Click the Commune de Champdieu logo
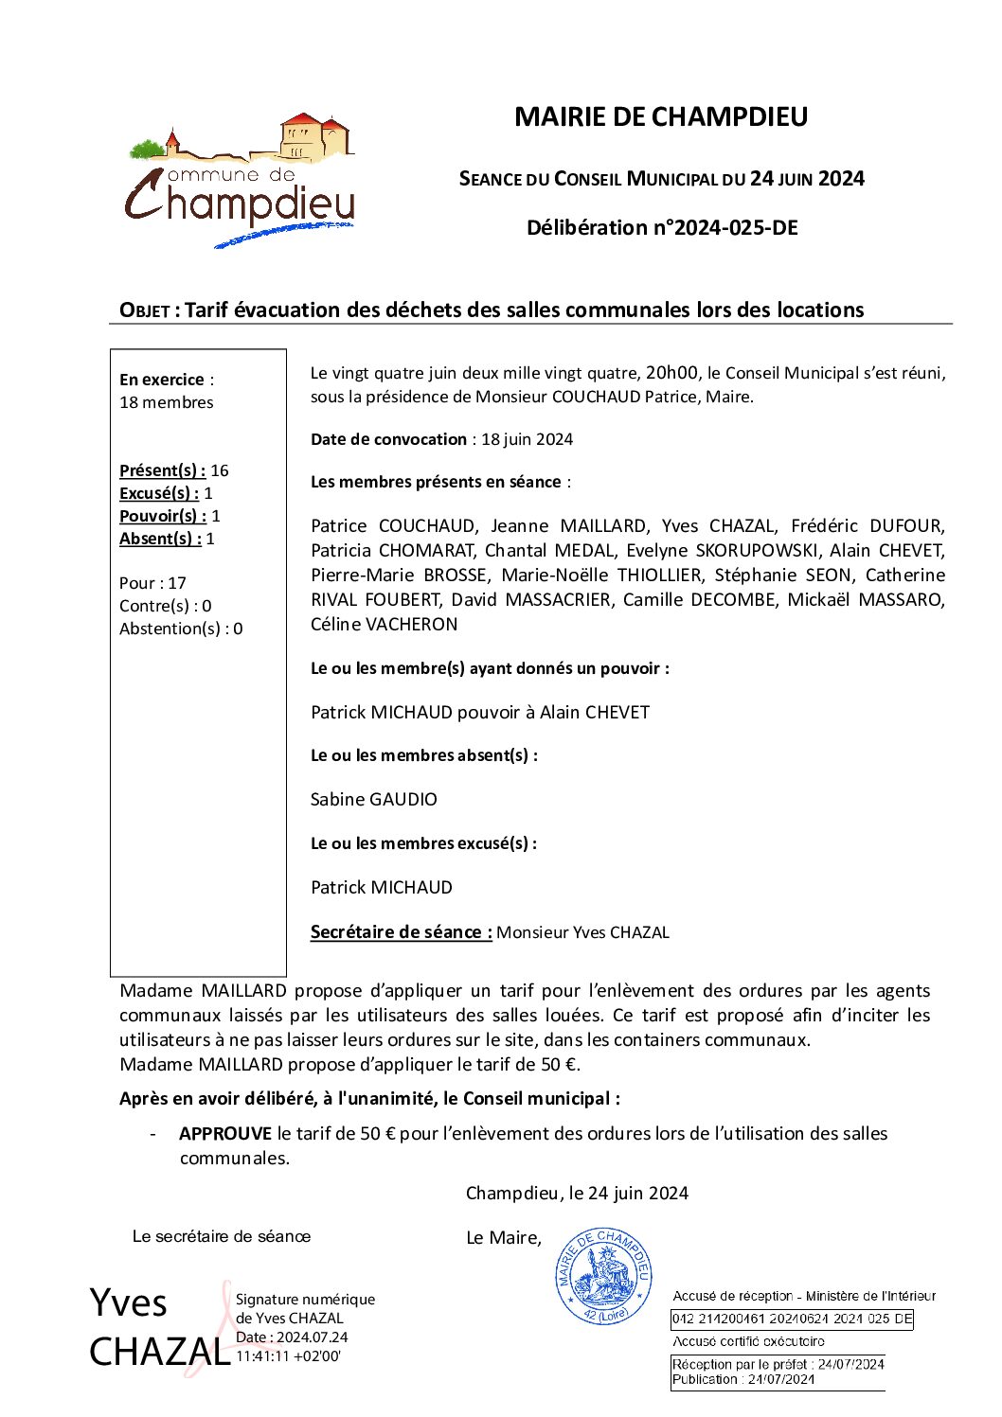point(241,180)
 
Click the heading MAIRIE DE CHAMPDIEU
point(661,116)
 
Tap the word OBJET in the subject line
point(144,310)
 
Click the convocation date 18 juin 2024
point(527,439)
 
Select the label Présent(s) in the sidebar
point(162,470)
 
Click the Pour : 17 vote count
point(152,583)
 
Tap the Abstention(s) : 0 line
point(181,629)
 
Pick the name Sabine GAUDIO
point(374,800)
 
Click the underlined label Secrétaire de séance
point(401,932)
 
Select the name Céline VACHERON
point(385,625)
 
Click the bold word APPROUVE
point(225,1134)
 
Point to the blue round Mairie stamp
point(603,1276)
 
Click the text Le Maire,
point(504,1238)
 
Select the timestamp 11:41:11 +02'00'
point(288,1356)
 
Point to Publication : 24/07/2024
point(743,1380)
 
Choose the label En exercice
point(162,380)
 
